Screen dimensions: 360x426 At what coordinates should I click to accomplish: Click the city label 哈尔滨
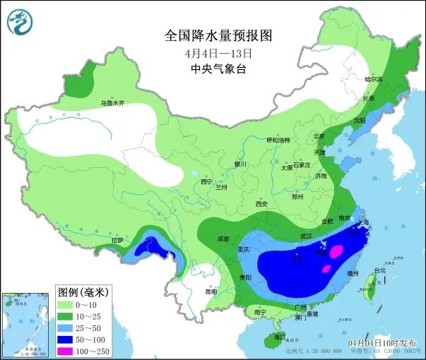(374, 80)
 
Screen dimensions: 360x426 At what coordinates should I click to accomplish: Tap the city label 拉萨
(117, 241)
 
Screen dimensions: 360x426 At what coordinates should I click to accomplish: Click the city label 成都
(223, 239)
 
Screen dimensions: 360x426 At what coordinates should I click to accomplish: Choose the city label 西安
(262, 204)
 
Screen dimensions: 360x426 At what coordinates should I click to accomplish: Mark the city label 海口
(279, 337)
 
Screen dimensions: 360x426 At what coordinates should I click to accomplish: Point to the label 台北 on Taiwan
(380, 270)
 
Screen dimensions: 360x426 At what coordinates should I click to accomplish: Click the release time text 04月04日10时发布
(381, 342)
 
